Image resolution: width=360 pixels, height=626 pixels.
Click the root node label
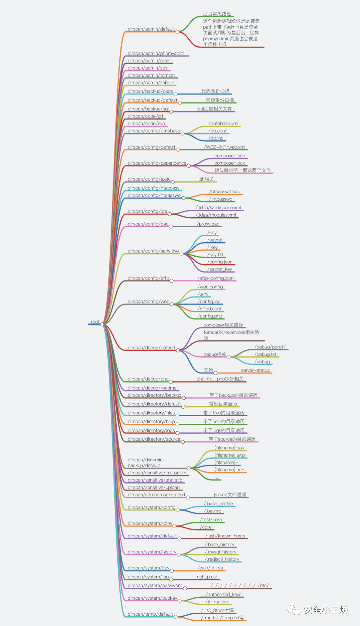tap(95, 322)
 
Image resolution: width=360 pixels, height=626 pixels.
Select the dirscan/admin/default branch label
tap(151, 29)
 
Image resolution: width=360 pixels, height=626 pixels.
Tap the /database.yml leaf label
tap(223, 124)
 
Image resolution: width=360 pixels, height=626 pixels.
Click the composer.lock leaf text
tap(229, 163)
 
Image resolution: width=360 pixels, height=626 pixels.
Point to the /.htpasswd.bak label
tap(225, 192)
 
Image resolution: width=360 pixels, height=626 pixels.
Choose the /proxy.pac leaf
tap(208, 224)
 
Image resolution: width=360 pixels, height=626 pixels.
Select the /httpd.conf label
tap(210, 309)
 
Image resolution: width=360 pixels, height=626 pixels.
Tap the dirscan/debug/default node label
tap(151, 348)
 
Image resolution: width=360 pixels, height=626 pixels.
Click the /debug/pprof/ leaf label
tap(270, 347)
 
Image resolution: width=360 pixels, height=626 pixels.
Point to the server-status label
tap(255, 370)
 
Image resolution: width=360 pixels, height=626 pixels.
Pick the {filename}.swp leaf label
tap(230, 455)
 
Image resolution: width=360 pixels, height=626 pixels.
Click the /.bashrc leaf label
tap(213, 511)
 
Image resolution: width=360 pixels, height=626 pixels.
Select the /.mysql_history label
tap(221, 552)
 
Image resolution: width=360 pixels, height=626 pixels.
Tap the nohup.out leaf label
tap(207, 577)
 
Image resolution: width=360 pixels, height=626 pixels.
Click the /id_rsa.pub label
tap(218, 602)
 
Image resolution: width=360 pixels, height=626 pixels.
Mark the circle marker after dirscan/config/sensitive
tap(181, 254)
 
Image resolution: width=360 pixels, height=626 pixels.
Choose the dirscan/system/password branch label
tap(155, 586)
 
